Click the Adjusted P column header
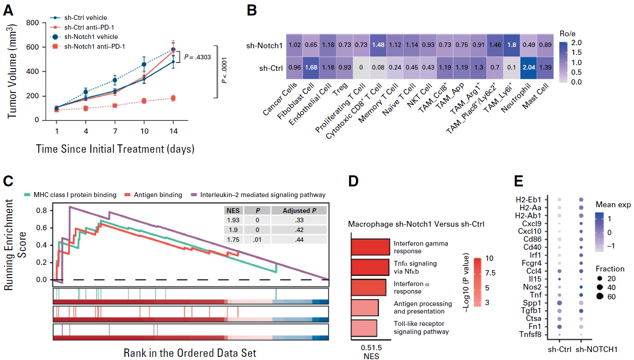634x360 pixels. click(x=299, y=211)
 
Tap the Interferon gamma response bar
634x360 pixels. click(x=370, y=247)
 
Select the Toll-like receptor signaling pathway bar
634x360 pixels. click(x=364, y=328)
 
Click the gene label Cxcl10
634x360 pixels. click(x=534, y=231)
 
